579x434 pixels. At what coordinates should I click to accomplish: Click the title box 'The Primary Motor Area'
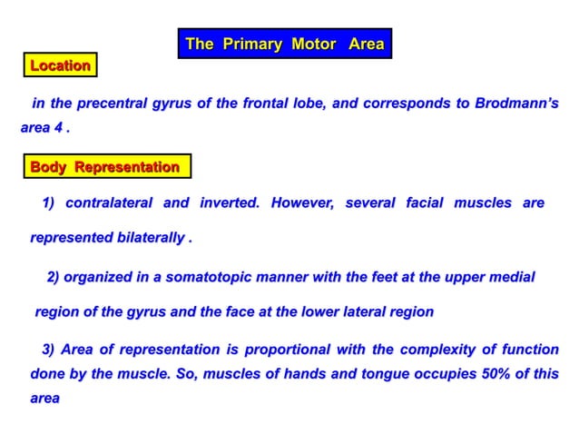285,44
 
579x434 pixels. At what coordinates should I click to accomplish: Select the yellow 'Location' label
60,65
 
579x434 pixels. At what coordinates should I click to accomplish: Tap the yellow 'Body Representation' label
105,167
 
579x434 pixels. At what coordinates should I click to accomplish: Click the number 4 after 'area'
59,128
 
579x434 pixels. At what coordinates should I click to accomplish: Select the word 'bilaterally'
148,239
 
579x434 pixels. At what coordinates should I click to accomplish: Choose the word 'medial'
510,276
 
